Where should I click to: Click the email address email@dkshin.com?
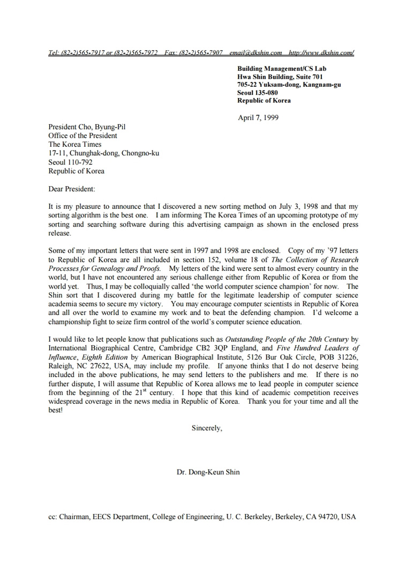click(x=255, y=53)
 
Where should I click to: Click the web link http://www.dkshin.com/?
click(x=321, y=53)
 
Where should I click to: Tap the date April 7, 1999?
click(x=258, y=118)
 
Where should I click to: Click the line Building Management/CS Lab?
click(x=282, y=69)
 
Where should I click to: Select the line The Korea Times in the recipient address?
click(x=75, y=145)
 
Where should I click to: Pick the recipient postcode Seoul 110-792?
click(x=70, y=162)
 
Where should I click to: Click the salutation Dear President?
click(x=72, y=189)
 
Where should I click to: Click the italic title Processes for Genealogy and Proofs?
click(x=105, y=268)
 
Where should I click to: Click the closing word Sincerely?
click(x=207, y=428)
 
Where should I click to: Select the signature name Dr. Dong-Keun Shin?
click(x=208, y=473)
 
